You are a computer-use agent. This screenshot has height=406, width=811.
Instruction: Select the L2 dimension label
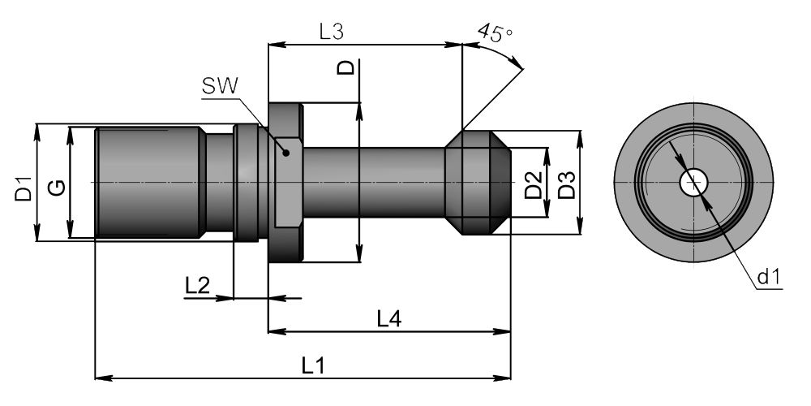[x=197, y=286]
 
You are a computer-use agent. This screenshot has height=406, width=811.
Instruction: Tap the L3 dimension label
[x=332, y=32]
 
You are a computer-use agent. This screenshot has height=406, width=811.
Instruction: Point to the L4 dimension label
[x=389, y=319]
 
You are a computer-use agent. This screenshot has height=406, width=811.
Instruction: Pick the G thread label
[x=56, y=188]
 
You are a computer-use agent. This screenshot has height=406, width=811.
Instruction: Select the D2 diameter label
[x=533, y=186]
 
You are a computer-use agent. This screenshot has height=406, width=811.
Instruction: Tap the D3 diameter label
[x=567, y=186]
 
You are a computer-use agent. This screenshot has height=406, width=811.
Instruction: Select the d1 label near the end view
[x=768, y=279]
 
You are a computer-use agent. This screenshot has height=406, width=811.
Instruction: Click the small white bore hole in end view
[x=691, y=183]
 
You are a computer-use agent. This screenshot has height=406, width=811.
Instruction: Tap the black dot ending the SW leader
[x=285, y=152]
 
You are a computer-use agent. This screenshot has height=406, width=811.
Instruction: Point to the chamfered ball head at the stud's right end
[x=478, y=183]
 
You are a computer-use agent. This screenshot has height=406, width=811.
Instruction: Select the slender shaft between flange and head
[x=373, y=183]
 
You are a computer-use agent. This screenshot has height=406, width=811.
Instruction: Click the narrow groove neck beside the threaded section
[x=218, y=183]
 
